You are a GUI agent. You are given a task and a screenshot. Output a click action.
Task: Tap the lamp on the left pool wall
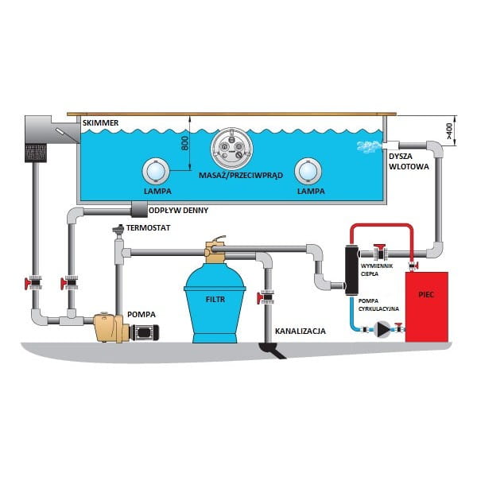point(157,172)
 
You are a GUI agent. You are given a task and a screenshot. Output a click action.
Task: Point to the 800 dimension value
point(184,144)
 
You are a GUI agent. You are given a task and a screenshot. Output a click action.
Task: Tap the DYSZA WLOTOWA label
point(407,163)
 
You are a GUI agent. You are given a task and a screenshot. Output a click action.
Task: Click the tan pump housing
point(110,326)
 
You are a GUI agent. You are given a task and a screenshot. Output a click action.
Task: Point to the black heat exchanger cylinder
point(351,268)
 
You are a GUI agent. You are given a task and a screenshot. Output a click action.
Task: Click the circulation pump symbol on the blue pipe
point(383,327)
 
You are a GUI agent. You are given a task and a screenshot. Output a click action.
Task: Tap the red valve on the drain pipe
point(263,298)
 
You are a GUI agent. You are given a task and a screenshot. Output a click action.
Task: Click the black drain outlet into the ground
point(270,350)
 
